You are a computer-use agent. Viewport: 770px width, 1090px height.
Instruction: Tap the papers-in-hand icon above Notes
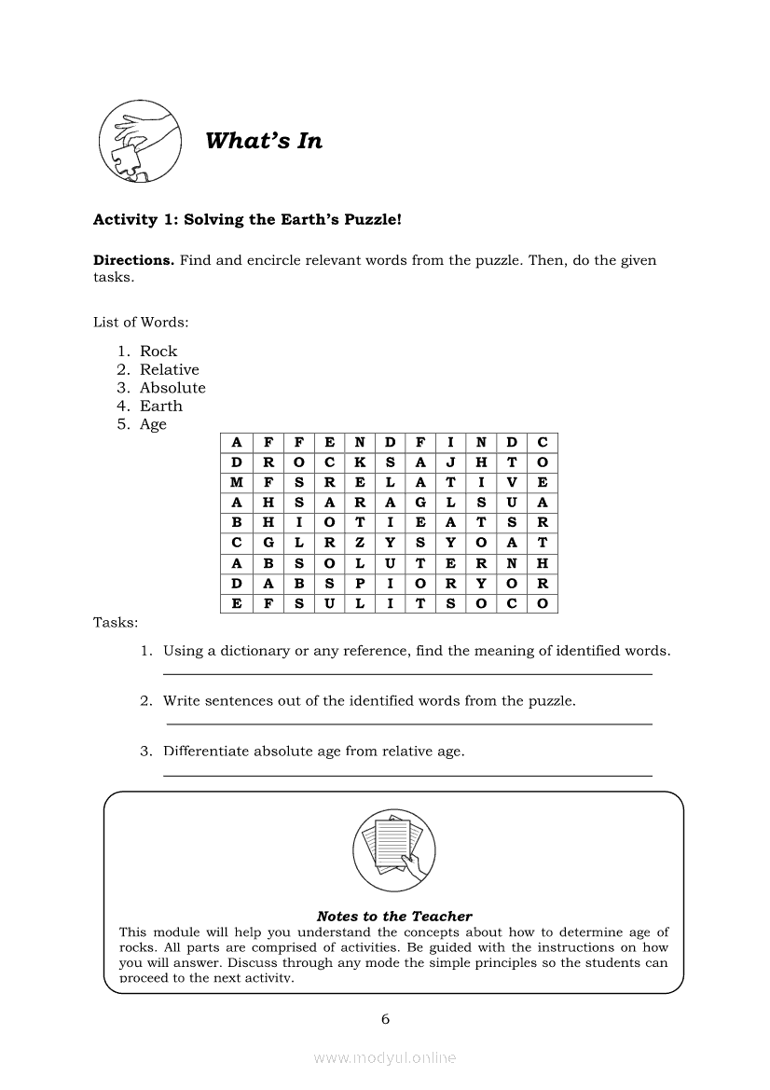click(394, 849)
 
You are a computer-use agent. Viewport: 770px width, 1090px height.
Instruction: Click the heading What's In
click(263, 141)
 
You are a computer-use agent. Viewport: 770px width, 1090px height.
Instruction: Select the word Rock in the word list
click(158, 352)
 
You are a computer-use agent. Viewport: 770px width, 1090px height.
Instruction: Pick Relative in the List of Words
click(169, 369)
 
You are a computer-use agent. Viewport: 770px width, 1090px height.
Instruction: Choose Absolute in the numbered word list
click(172, 388)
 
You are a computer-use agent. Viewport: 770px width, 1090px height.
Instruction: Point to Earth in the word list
click(161, 406)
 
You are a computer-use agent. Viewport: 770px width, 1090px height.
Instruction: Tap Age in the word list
click(153, 424)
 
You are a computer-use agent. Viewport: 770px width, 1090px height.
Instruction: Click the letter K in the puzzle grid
click(359, 462)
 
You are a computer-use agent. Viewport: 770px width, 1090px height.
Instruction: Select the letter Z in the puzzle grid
click(359, 543)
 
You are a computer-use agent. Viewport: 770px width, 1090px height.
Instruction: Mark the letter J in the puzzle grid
click(450, 462)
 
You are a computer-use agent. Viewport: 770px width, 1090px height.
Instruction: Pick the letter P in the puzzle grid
click(359, 584)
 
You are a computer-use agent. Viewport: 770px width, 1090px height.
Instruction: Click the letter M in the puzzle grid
click(237, 483)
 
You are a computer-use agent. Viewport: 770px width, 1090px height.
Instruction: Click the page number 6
click(385, 1019)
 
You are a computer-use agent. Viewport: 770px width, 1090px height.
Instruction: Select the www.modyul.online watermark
click(385, 1058)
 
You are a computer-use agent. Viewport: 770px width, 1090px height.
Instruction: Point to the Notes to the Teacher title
click(394, 917)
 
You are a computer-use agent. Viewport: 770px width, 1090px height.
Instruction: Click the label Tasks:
click(116, 622)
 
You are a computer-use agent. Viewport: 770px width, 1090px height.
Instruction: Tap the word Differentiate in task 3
click(206, 751)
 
